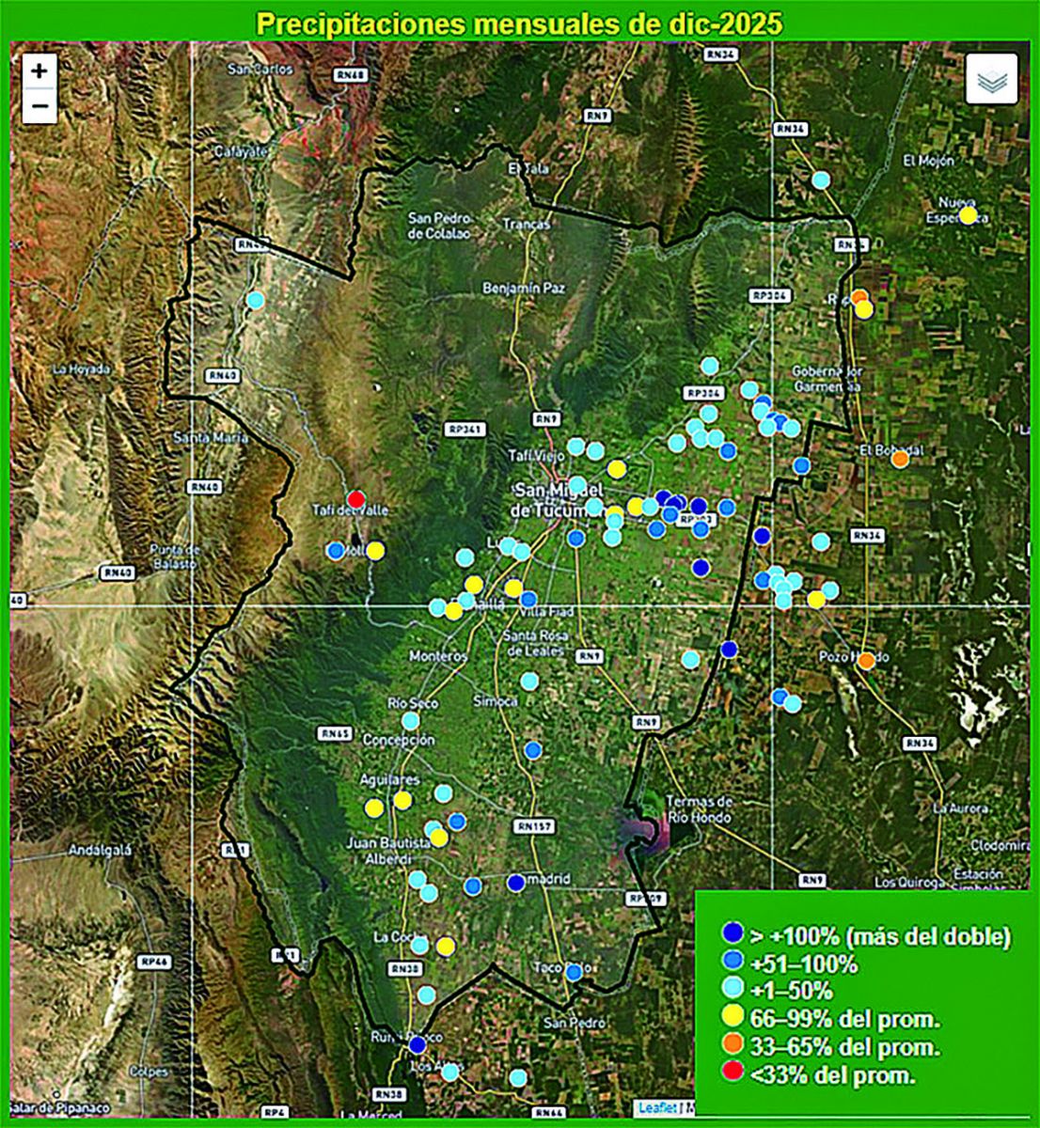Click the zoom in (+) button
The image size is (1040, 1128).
click(39, 70)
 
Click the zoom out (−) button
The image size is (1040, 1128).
click(39, 105)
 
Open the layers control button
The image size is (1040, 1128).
click(991, 79)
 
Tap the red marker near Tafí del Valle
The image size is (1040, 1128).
click(355, 499)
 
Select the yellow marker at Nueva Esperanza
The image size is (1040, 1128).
click(968, 214)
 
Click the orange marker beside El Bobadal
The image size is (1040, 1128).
click(900, 459)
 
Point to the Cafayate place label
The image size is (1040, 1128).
click(241, 151)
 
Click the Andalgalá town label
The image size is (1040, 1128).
click(99, 852)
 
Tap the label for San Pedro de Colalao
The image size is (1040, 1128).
click(445, 226)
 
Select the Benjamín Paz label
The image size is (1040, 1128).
click(525, 288)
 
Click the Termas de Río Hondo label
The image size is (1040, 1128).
click(700, 808)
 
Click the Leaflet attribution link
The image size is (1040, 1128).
click(655, 1107)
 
